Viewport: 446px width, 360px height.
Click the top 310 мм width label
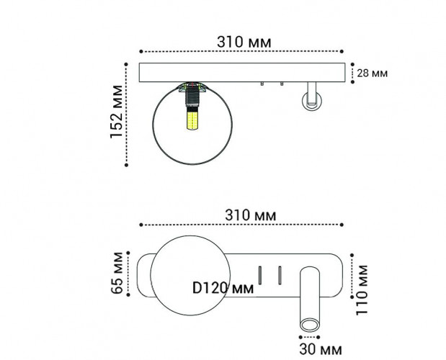point(244,41)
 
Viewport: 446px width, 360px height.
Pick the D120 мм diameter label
point(223,287)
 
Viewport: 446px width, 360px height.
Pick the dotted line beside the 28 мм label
point(352,73)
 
